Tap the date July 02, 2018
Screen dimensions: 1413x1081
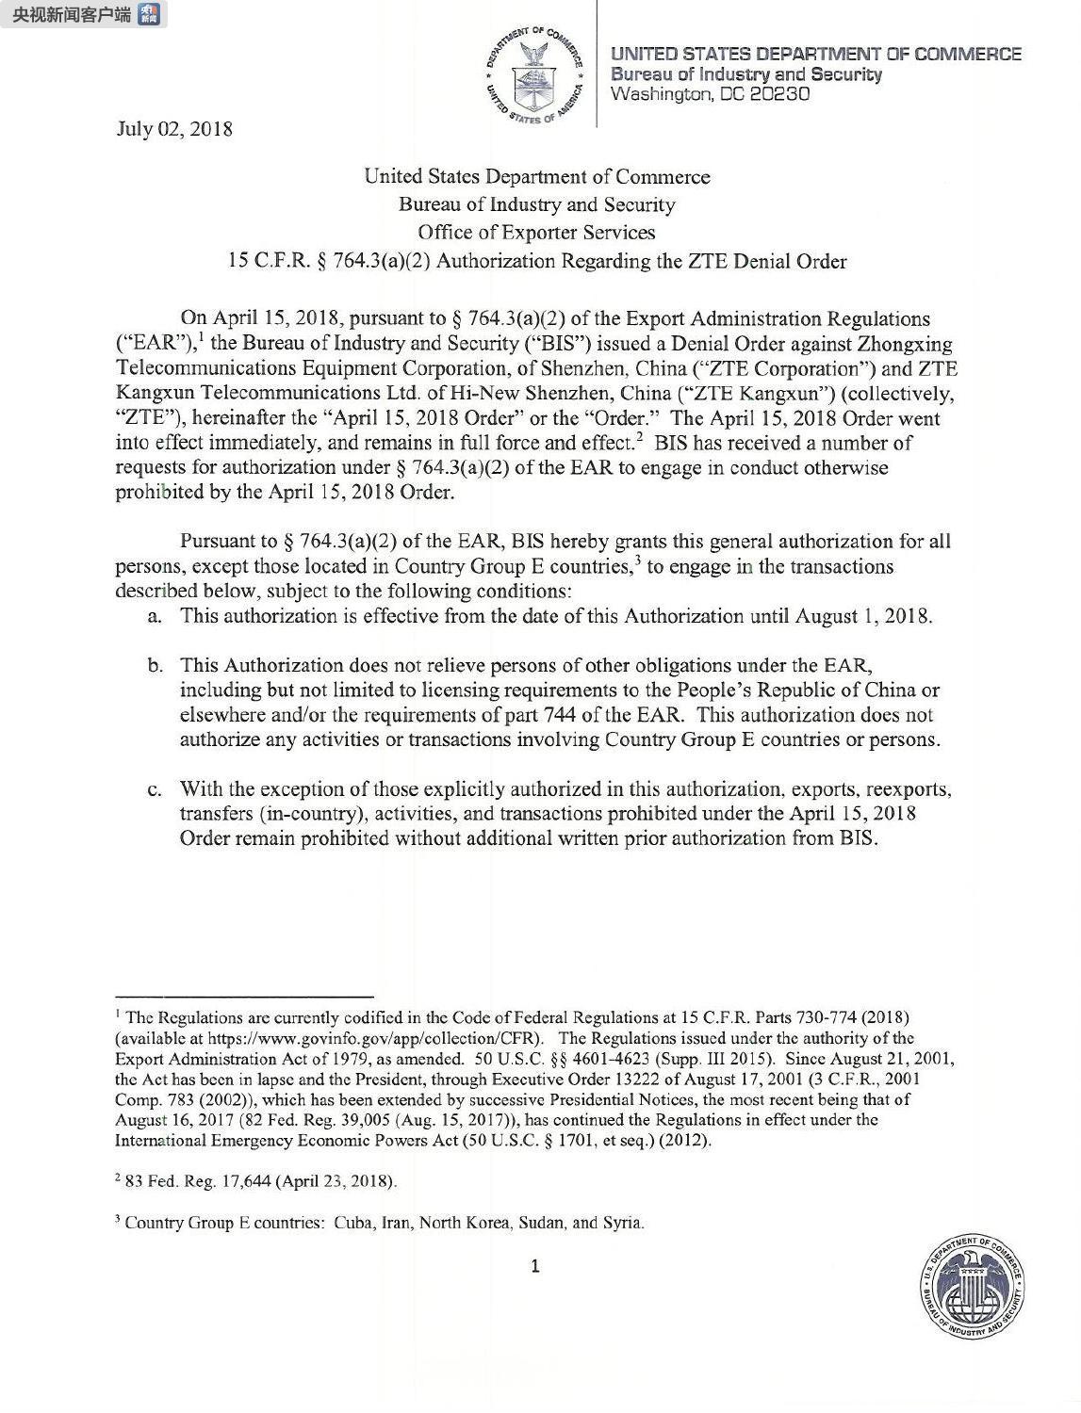pyautogui.click(x=174, y=128)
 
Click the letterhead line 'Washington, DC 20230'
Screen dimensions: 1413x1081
pyautogui.click(x=711, y=93)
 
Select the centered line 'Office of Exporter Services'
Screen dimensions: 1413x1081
pyautogui.click(x=536, y=233)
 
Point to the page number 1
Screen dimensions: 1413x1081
pyautogui.click(x=535, y=1266)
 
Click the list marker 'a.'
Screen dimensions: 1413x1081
pyautogui.click(x=155, y=616)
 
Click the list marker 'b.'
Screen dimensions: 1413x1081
pyautogui.click(x=155, y=666)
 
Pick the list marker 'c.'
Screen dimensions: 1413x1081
pyautogui.click(x=155, y=788)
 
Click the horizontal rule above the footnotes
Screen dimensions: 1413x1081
pyautogui.click(x=244, y=996)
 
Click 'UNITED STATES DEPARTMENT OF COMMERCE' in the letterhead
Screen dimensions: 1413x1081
pyautogui.click(x=816, y=54)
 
